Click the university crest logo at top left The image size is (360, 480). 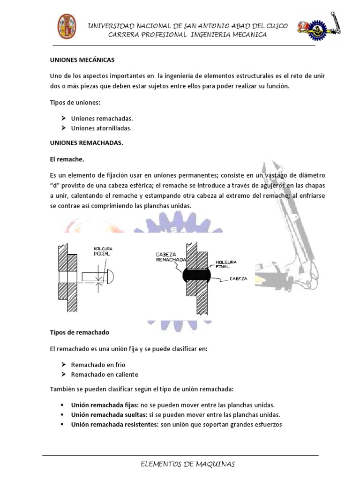[67, 26]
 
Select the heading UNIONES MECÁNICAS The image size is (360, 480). [82, 60]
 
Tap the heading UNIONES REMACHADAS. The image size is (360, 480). [86, 143]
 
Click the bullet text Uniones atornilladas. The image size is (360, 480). [101, 128]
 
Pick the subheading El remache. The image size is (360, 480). [67, 159]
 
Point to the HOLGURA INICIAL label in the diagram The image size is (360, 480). [103, 251]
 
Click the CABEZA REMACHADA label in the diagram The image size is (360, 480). [170, 257]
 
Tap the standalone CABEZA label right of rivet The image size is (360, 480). [239, 278]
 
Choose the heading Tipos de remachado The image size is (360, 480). [79, 332]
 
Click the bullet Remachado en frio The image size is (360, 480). [98, 364]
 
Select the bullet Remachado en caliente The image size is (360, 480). [105, 375]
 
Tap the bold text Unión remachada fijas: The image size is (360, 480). [100, 405]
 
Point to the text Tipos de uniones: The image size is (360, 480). [72, 103]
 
